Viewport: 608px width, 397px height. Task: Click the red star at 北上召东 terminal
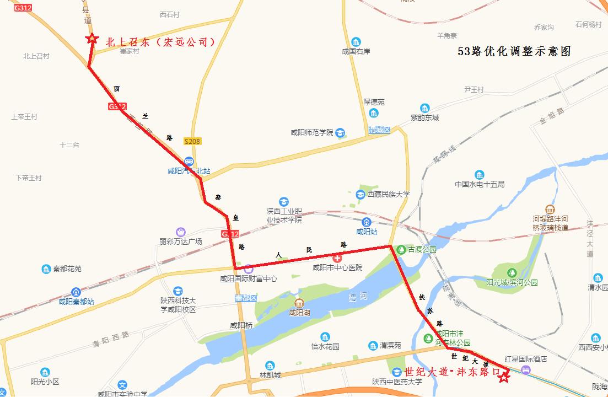point(91,39)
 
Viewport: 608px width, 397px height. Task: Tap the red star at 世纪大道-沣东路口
point(504,376)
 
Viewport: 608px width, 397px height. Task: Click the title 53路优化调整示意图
point(514,51)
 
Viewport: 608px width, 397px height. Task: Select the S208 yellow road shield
point(192,142)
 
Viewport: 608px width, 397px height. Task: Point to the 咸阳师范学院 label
point(312,132)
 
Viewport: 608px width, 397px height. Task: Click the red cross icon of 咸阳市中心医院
point(337,257)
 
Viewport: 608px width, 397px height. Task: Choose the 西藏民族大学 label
point(389,194)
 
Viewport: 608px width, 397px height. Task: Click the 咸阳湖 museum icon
point(299,303)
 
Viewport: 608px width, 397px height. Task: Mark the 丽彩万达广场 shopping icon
point(180,232)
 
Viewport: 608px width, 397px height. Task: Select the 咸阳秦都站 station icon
point(76,292)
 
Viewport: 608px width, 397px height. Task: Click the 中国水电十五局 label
point(480,184)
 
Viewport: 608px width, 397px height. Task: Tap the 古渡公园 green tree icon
point(401,249)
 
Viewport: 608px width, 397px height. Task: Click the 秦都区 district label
point(246,298)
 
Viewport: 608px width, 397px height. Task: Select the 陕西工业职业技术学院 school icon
point(284,201)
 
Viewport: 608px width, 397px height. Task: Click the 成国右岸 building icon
point(356,42)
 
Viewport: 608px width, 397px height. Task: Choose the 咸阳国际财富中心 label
point(249,279)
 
